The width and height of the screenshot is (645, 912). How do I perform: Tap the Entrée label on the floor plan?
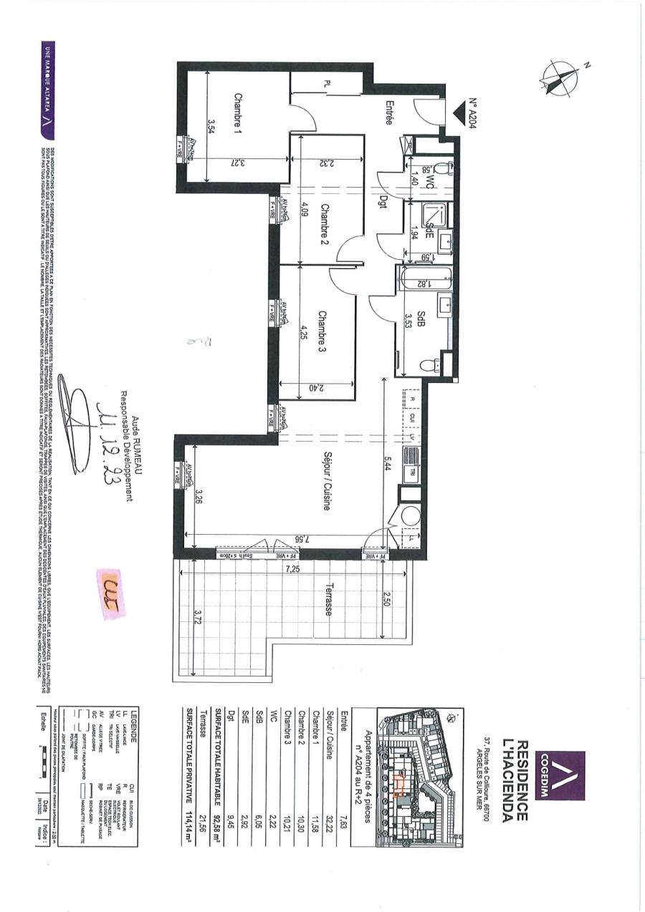pyautogui.click(x=389, y=112)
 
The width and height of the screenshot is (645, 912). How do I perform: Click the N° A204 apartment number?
pyautogui.click(x=473, y=112)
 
